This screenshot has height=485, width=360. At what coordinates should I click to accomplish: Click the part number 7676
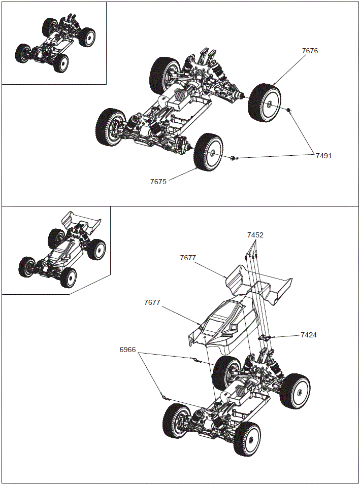click(310, 51)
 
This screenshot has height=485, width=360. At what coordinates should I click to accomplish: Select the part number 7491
click(323, 156)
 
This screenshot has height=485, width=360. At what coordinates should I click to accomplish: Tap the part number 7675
click(158, 182)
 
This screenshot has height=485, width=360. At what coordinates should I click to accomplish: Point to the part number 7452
click(255, 235)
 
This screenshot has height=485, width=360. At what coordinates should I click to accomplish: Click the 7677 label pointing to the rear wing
click(187, 258)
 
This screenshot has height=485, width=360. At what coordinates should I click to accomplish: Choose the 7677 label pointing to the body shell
click(152, 302)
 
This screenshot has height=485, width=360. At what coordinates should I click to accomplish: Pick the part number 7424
click(309, 335)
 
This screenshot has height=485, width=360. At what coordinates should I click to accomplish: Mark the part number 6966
click(128, 350)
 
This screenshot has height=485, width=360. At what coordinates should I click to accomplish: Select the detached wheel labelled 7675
click(209, 151)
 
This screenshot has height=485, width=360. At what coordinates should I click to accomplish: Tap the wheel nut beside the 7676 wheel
click(289, 110)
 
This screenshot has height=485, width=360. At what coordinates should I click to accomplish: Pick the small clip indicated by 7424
click(265, 337)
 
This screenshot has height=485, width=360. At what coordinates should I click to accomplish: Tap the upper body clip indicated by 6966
click(194, 360)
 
